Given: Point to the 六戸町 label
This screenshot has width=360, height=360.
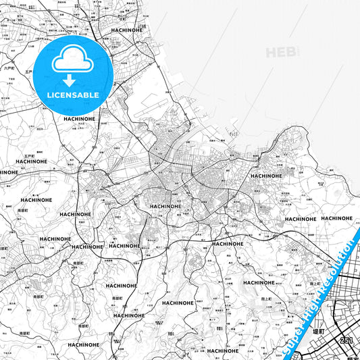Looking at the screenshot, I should [x=9, y=68].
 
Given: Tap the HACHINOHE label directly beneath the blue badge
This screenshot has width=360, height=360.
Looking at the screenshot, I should [x=82, y=118].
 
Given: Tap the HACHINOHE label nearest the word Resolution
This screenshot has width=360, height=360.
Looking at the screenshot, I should [x=336, y=218].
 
